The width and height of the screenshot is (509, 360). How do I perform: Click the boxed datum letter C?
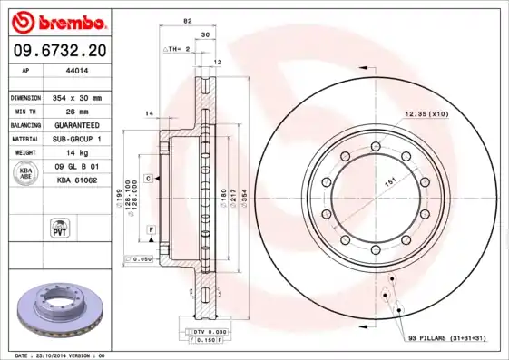click(147, 180)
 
